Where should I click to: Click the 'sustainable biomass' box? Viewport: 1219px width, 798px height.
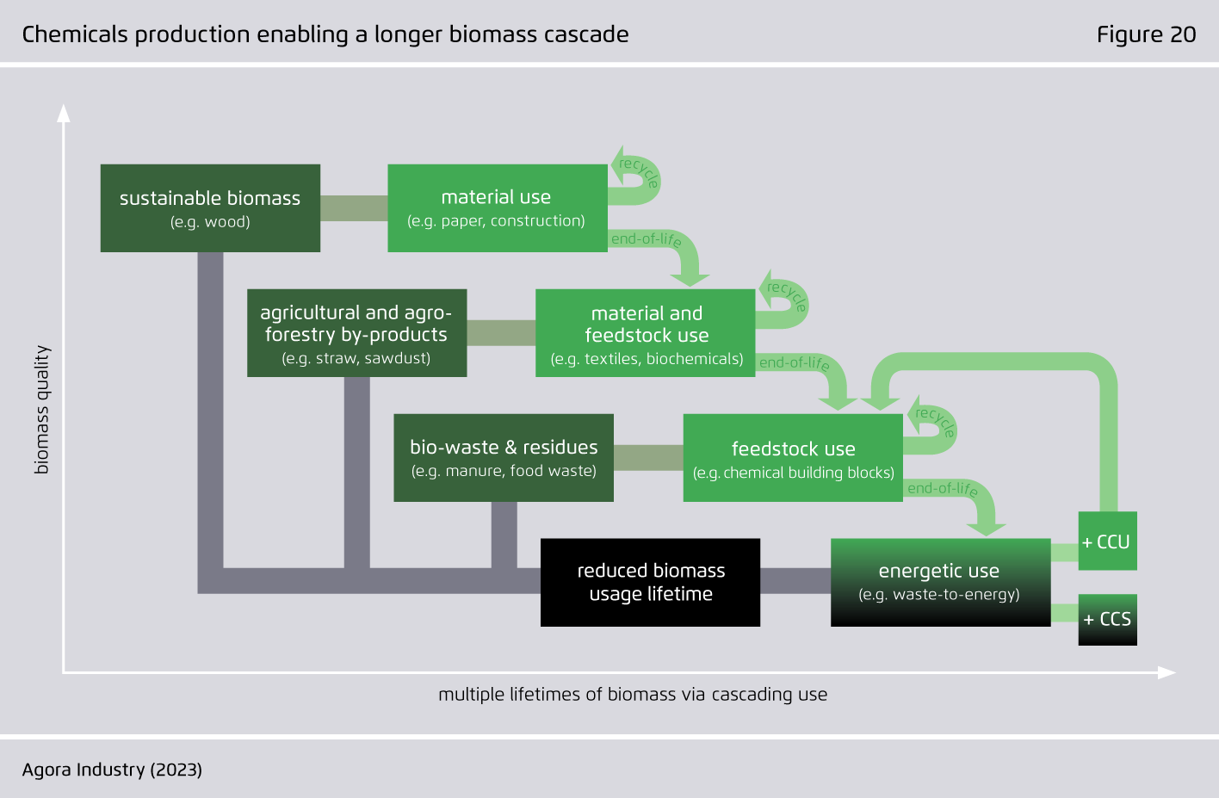pyautogui.click(x=210, y=208)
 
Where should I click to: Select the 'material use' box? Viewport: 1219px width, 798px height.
pyautogui.click(x=498, y=208)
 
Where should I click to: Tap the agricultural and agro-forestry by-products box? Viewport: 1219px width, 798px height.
pyautogui.click(x=357, y=332)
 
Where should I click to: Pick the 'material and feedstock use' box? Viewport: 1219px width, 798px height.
pyautogui.click(x=646, y=332)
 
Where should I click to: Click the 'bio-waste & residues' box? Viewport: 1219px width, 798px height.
pyautogui.click(x=504, y=458)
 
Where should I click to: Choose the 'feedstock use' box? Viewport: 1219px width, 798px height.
pyautogui.click(x=793, y=458)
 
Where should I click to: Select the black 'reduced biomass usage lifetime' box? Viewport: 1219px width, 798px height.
pyautogui.click(x=650, y=583)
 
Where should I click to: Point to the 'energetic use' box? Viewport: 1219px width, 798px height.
pyautogui.click(x=940, y=583)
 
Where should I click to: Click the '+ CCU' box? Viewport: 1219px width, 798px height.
pyautogui.click(x=1107, y=541)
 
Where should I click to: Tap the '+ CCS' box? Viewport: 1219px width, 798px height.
pyautogui.click(x=1107, y=620)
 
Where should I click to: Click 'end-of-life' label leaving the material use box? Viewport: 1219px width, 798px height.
pyautogui.click(x=647, y=240)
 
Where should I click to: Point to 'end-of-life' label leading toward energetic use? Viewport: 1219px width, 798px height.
pyautogui.click(x=943, y=489)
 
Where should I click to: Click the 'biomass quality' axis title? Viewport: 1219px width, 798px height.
pyautogui.click(x=41, y=410)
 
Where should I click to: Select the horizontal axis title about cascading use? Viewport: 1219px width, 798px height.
pyautogui.click(x=633, y=695)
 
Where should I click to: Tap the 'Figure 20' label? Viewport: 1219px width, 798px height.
pyautogui.click(x=1146, y=34)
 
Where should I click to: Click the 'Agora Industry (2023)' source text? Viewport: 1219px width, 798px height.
pyautogui.click(x=112, y=770)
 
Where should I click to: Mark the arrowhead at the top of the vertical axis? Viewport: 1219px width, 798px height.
pyautogui.click(x=64, y=113)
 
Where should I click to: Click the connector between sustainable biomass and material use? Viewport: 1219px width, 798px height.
pyautogui.click(x=354, y=208)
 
